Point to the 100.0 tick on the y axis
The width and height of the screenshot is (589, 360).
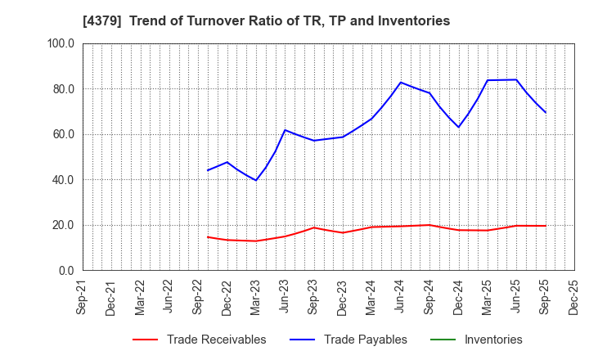61,43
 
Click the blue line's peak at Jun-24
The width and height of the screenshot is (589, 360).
401,82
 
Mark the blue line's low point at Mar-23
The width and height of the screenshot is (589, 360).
256,180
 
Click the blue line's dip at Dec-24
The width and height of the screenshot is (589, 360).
458,127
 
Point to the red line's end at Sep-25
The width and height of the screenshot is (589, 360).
545,226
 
